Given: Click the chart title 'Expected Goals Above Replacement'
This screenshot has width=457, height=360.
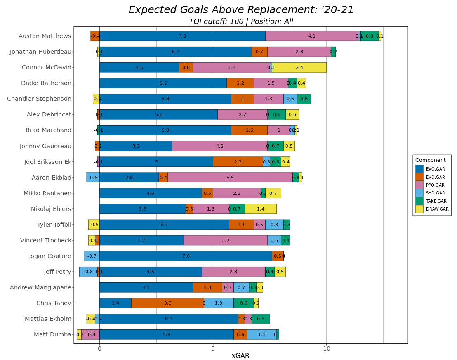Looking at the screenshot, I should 241,10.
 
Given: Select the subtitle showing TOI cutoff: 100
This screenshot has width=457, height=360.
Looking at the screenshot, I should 241,21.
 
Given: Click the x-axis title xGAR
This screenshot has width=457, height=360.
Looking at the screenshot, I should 240,355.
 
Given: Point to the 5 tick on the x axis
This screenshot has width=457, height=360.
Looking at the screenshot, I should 213,348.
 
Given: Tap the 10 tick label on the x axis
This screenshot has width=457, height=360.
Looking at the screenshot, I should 326,348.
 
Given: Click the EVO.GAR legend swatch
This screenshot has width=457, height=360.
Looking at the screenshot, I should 419,169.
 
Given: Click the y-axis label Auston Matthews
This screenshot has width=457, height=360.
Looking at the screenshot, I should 45,36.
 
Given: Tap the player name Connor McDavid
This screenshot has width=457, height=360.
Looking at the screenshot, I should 46,67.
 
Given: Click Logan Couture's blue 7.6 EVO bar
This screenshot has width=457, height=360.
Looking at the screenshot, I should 186,256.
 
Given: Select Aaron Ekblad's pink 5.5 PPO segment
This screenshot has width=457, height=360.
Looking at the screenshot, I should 230,178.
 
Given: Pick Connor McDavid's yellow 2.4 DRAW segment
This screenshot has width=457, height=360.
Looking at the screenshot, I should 299,67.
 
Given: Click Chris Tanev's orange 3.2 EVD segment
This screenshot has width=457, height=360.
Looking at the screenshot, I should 167,303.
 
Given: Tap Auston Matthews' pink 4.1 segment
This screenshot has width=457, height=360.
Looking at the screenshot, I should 311,36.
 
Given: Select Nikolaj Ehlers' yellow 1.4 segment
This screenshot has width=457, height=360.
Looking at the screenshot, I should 260,209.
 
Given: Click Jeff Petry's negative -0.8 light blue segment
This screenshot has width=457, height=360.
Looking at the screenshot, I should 88,272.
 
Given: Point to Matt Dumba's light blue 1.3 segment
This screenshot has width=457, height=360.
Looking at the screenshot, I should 261,334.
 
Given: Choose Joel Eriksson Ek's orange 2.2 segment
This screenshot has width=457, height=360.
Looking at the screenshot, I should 238,162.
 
